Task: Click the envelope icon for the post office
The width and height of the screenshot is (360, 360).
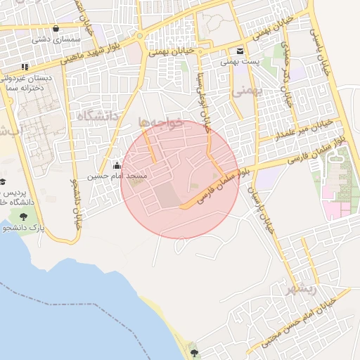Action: (240, 51)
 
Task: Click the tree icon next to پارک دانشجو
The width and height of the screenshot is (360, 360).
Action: (25, 218)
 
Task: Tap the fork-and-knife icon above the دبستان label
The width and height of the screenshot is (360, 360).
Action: (25, 67)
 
